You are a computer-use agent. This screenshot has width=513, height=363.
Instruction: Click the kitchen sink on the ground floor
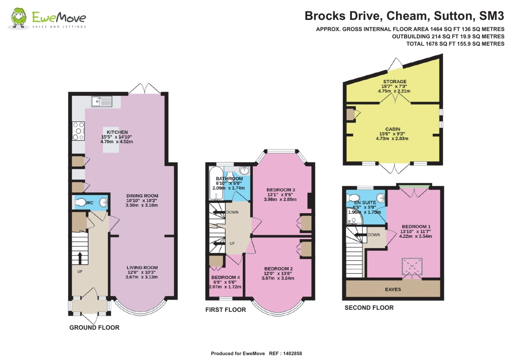(x=102, y=102)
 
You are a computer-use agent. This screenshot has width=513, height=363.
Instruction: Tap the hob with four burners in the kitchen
(x=78, y=131)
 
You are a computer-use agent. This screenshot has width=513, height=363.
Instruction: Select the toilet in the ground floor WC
(x=80, y=202)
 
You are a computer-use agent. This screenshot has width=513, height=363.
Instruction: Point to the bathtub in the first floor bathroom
(x=216, y=183)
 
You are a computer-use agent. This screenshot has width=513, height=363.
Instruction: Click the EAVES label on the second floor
(x=393, y=289)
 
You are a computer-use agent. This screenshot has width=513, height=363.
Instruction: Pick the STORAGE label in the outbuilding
(x=395, y=81)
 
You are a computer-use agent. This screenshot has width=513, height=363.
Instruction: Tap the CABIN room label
(x=393, y=129)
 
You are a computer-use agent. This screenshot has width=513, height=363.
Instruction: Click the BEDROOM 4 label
(x=225, y=277)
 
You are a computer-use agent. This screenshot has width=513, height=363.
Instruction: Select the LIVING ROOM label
(x=142, y=268)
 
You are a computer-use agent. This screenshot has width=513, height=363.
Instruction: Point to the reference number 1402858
(x=292, y=353)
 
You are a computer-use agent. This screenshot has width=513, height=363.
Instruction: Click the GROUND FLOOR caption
(x=94, y=327)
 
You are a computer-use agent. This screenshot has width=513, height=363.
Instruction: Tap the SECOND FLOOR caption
(x=369, y=308)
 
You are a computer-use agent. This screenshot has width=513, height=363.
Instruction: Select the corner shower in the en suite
(x=354, y=216)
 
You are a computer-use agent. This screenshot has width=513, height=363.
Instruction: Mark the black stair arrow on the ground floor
(x=80, y=258)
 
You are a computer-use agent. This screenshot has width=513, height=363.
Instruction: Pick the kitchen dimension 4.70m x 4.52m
(x=117, y=142)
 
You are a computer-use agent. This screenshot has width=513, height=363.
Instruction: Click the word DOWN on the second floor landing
(x=374, y=235)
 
